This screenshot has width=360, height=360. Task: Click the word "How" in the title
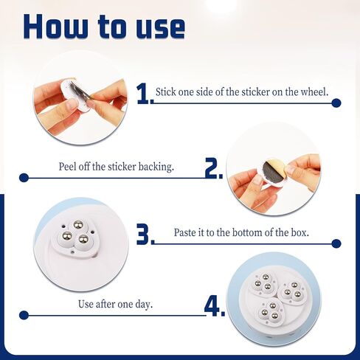[56, 26]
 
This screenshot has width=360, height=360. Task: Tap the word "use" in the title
[161, 29]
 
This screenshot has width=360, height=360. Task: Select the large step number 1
[143, 94]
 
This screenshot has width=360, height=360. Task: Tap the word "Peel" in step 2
[66, 167]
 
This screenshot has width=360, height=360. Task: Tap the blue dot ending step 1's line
[336, 103]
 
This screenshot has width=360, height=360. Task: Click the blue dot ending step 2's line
[24, 178]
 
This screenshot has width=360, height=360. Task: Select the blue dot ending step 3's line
[336, 243]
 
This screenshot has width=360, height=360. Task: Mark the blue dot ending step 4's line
[24, 315]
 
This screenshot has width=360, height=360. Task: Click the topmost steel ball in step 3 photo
[79, 224]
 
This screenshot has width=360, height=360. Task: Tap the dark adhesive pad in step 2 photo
[271, 172]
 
